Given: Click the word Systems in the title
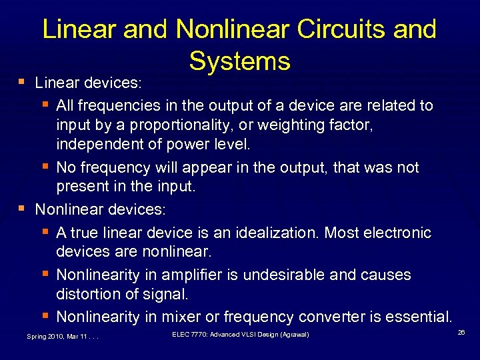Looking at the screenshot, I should (240, 61).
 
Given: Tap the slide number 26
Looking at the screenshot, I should (461, 331).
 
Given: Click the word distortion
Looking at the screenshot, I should (87, 294).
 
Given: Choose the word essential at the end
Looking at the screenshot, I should (418, 316).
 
